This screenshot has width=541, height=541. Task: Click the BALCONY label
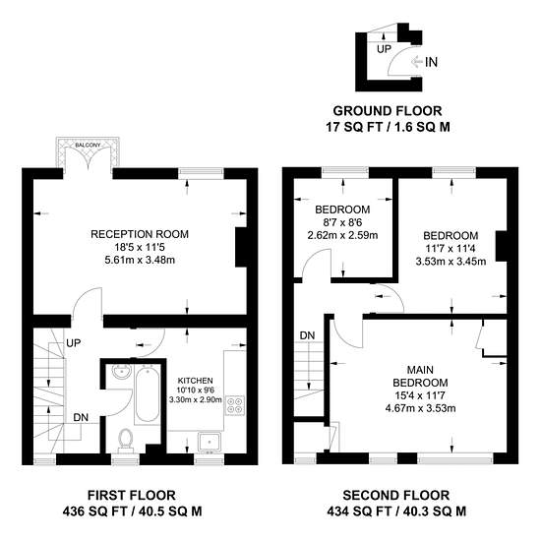point(88,146)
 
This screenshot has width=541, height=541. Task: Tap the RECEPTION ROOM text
point(140,234)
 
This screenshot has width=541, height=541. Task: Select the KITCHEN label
point(196,381)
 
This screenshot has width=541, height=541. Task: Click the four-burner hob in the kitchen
point(235,405)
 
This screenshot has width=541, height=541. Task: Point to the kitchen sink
point(210,442)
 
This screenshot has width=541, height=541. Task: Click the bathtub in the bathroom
point(148,394)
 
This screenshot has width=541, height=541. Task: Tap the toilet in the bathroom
point(125,441)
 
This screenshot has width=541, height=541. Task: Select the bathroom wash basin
point(121,372)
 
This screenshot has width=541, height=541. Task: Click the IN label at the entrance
point(431,62)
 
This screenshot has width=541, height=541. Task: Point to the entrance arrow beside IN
point(417,62)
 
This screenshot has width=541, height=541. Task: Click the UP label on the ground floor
point(384,49)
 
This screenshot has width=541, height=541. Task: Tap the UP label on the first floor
point(74,343)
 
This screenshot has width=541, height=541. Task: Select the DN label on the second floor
point(307,335)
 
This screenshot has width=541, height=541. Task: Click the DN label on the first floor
point(81,417)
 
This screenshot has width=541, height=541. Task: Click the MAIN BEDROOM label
point(420,377)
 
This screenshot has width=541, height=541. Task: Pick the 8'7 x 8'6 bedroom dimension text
point(342,222)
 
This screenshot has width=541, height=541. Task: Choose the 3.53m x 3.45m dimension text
point(451,262)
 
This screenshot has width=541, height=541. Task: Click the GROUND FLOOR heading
point(388,111)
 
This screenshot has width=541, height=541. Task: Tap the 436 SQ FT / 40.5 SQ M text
point(132,511)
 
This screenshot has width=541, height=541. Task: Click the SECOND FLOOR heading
point(396,496)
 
